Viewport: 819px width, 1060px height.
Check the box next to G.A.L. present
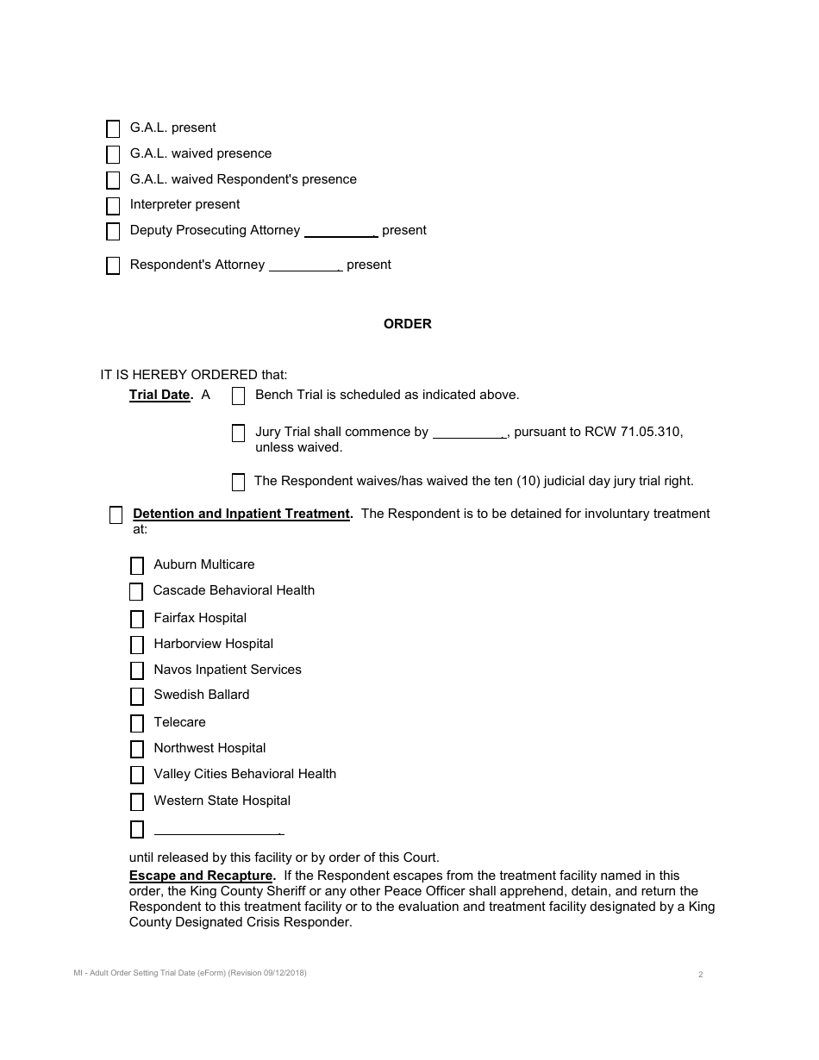[x=113, y=129]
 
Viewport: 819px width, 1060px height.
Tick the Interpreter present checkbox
[x=113, y=206]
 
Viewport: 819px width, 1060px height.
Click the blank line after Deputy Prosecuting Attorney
[x=341, y=231]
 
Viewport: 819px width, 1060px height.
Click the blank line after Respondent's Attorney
[x=306, y=265]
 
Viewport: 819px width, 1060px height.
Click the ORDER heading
[x=408, y=324]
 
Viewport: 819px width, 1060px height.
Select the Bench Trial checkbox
[x=239, y=396]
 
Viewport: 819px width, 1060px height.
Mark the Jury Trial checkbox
[x=239, y=433]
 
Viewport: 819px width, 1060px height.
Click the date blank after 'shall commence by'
[x=469, y=433]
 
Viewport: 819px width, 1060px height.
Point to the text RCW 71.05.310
[x=632, y=432]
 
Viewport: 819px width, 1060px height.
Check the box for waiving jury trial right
[x=239, y=482]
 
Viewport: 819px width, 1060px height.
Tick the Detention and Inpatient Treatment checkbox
[x=116, y=515]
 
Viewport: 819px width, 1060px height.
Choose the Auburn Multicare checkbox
[x=137, y=566]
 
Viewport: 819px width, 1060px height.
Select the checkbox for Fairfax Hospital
[x=137, y=620]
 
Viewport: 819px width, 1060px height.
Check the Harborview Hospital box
[x=137, y=645]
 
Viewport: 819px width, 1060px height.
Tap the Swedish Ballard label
[x=202, y=695]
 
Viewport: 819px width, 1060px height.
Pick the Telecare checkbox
[x=137, y=724]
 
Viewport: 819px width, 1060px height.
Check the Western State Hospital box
[x=137, y=802]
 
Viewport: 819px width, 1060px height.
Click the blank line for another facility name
[x=218, y=830]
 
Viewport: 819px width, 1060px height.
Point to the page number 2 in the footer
[x=700, y=975]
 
